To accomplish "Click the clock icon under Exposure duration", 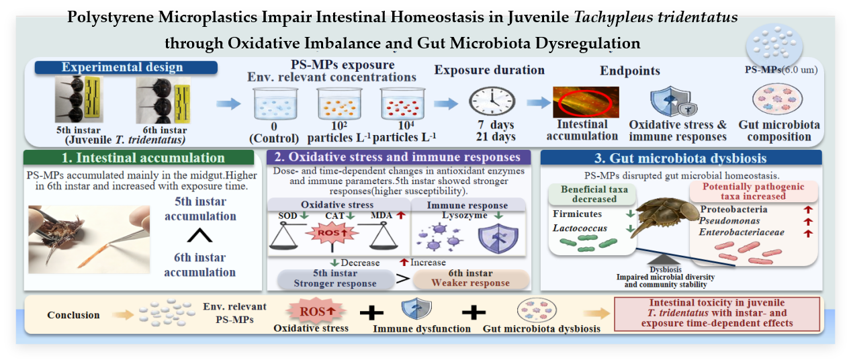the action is (x=492, y=101).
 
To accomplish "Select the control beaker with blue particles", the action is (x=275, y=103).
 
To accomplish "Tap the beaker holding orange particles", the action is (x=339, y=103).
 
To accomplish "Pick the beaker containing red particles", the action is (x=403, y=103).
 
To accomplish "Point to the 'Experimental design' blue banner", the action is (x=126, y=67).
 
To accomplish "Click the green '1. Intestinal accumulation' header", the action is (x=138, y=157).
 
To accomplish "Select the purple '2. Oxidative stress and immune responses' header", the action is (x=398, y=157).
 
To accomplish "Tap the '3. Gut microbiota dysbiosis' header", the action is (x=681, y=158).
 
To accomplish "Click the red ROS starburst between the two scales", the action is (x=332, y=233).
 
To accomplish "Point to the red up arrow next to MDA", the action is (x=401, y=216).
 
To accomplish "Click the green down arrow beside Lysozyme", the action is (x=498, y=216).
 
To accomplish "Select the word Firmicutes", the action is (x=577, y=214).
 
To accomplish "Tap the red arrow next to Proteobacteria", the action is (x=808, y=210).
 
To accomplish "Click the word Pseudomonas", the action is (x=729, y=220).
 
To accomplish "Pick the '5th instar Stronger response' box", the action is (x=335, y=279).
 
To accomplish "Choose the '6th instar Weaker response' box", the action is (x=471, y=278).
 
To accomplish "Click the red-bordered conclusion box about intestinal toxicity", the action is (x=717, y=314).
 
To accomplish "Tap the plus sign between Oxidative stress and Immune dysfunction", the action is (x=371, y=312).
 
